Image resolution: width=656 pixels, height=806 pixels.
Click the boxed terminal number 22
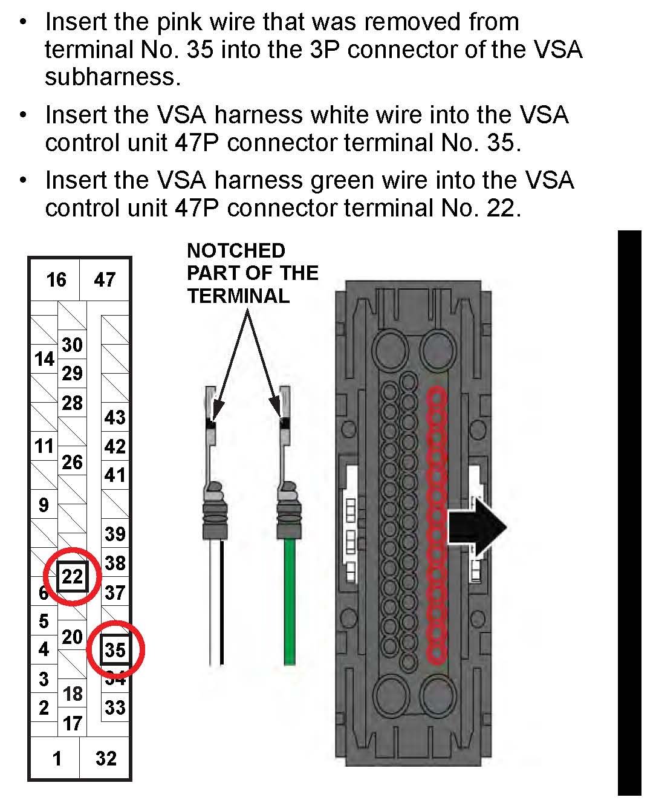(x=73, y=576)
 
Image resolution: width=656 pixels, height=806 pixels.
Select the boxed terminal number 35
(x=115, y=650)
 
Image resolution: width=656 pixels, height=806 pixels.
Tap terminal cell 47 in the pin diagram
(x=105, y=279)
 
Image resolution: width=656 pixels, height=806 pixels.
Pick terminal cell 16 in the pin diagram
(x=56, y=279)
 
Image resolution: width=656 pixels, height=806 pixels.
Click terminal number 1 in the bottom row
(x=57, y=758)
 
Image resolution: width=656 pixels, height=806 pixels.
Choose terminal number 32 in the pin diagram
(x=106, y=758)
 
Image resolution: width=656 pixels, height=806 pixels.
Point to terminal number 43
(x=114, y=417)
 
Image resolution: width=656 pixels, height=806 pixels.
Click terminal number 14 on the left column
(x=44, y=359)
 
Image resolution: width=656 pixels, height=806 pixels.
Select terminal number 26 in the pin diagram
(x=72, y=463)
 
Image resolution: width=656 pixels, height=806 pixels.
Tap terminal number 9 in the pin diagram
(x=44, y=504)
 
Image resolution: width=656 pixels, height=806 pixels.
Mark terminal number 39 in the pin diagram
(x=114, y=534)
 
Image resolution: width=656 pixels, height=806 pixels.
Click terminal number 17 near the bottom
(x=73, y=723)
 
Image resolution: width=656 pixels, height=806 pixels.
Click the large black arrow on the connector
(x=477, y=527)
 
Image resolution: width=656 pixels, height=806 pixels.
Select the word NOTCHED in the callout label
(x=236, y=250)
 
